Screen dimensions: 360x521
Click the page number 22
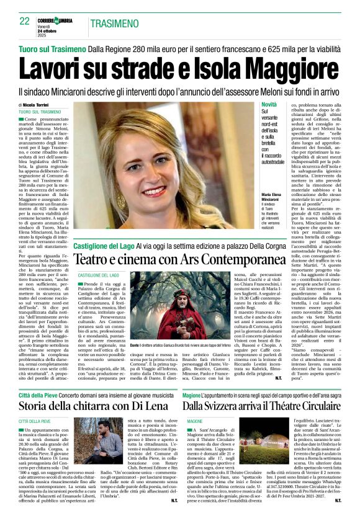(25, 21)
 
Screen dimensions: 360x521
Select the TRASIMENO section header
(119, 24)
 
